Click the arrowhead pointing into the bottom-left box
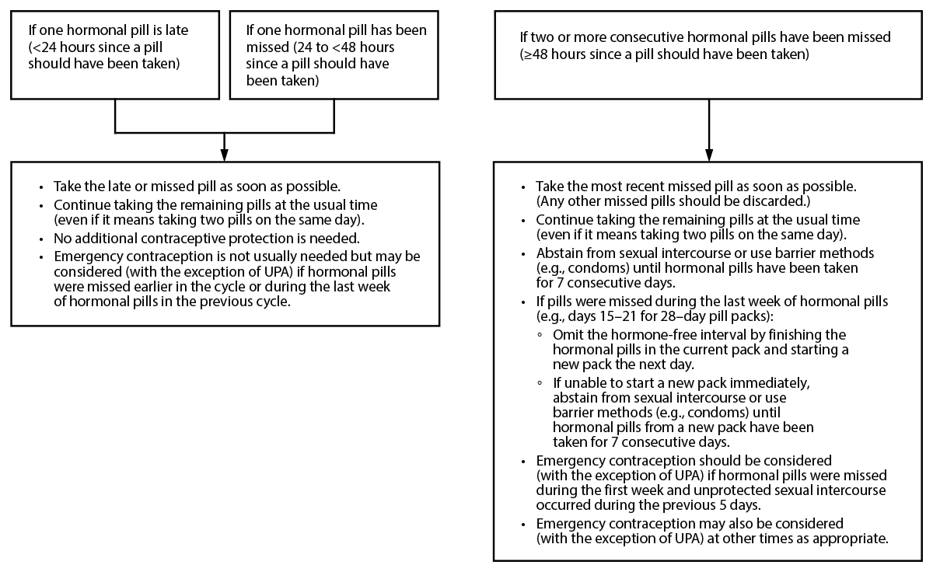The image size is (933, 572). (x=225, y=155)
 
